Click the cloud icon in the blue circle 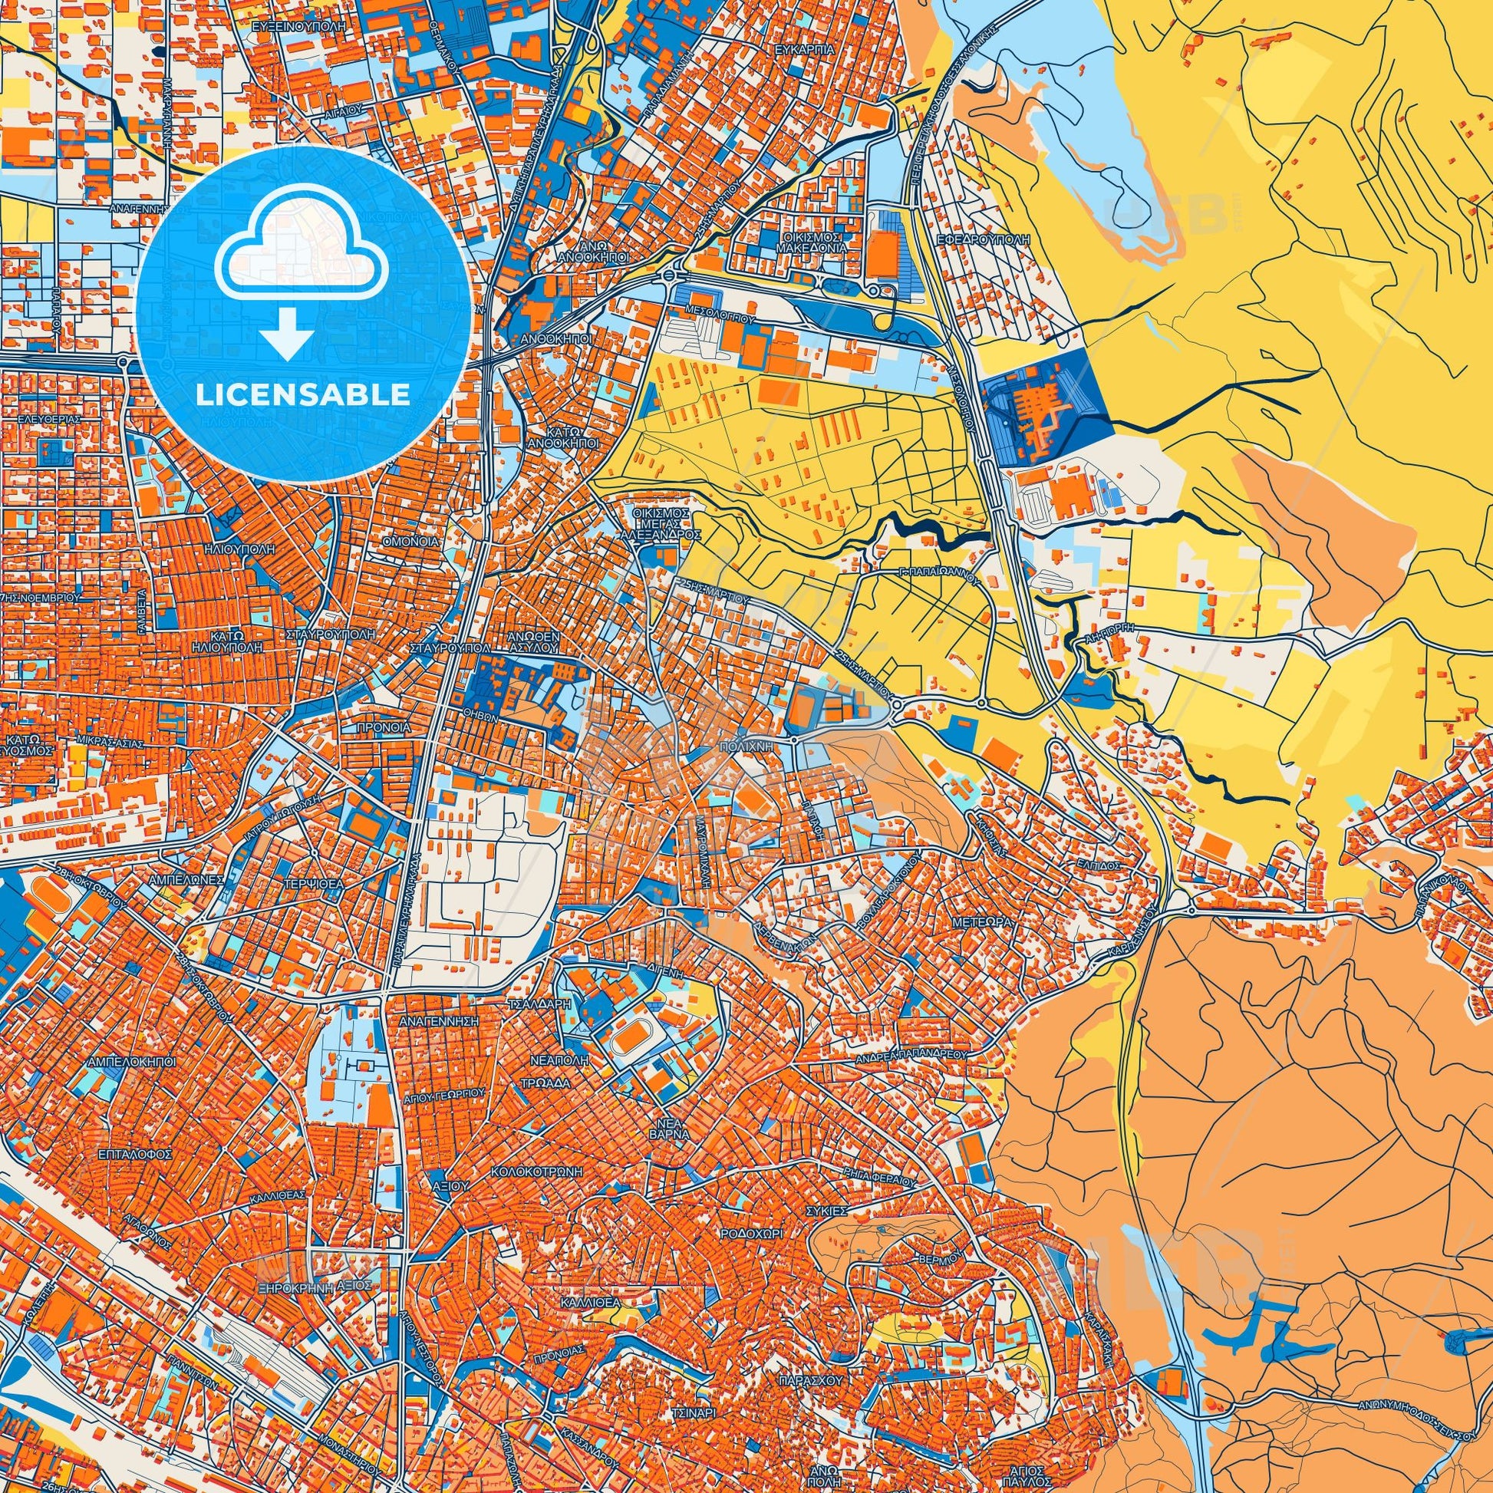(303, 245)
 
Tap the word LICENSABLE (303, 395)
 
